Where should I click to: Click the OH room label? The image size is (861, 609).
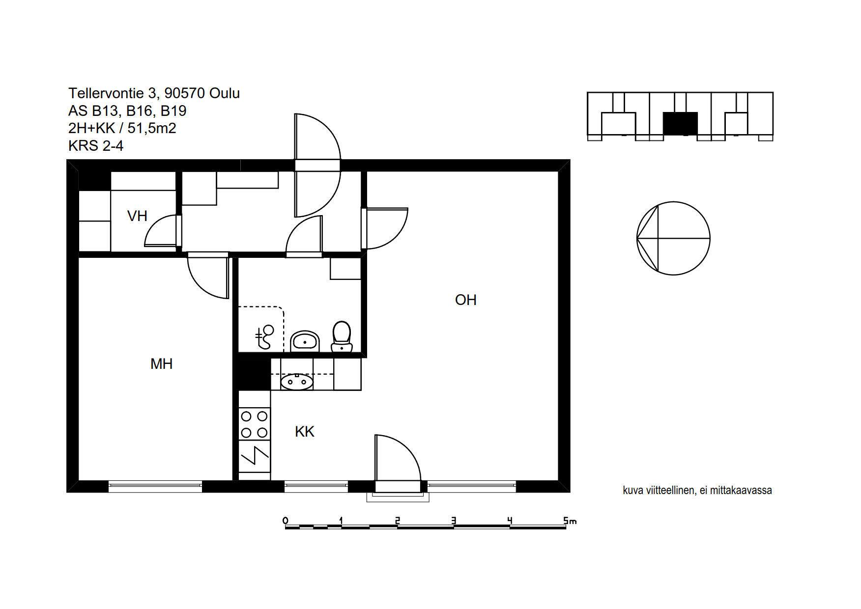click(x=465, y=300)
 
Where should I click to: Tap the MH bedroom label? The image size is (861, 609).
click(x=161, y=364)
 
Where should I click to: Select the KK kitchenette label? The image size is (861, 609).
click(x=305, y=432)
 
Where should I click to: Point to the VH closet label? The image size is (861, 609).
click(x=137, y=216)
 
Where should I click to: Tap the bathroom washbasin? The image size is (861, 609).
click(x=305, y=341)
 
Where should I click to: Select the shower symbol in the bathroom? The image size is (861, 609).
click(x=264, y=337)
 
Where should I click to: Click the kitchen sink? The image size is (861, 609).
click(x=296, y=382)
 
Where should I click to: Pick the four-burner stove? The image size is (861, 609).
click(x=255, y=424)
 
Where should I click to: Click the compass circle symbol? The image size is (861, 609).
click(x=673, y=238)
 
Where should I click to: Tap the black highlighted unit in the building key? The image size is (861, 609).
click(x=680, y=123)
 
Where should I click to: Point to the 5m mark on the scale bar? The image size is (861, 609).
click(x=570, y=521)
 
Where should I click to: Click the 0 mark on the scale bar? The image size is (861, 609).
click(x=285, y=521)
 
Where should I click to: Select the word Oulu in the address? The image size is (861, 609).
click(x=225, y=93)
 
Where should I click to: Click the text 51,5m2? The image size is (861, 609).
click(x=152, y=128)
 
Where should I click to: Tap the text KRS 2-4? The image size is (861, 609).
click(x=96, y=146)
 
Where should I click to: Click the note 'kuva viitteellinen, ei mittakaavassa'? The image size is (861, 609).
click(x=697, y=490)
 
